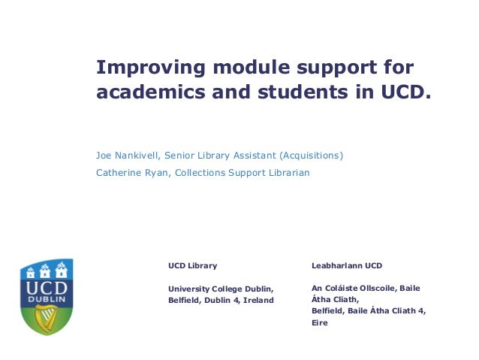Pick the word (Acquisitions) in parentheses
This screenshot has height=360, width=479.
(x=312, y=156)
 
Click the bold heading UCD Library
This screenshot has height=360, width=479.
(x=192, y=265)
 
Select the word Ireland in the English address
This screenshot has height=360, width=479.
(x=258, y=300)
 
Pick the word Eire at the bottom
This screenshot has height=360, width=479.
(x=320, y=322)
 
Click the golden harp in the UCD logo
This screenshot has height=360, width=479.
(x=47, y=316)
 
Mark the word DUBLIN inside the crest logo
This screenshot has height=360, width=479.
(x=47, y=298)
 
